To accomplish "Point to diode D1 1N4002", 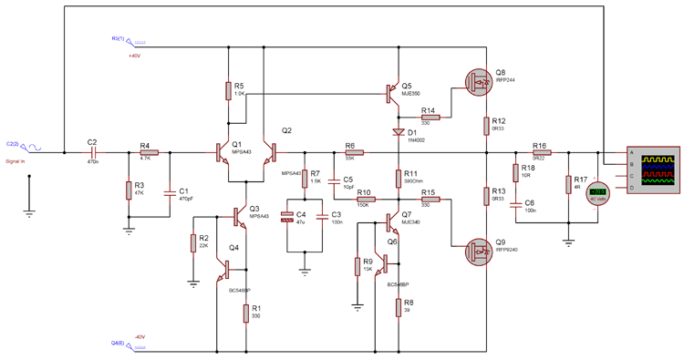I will point(399,133).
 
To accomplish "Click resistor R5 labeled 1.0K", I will point(228,90).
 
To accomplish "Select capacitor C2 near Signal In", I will point(92,153).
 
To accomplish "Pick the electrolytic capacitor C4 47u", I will point(288,218).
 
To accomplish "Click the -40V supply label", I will point(140,336).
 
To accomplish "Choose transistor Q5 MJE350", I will point(393,92).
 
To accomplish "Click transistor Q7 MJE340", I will point(393,221).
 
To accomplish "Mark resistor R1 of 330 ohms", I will point(245,314).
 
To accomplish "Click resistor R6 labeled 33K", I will point(352,153).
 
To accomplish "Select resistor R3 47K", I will point(128,190).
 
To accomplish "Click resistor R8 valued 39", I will point(399,308).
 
